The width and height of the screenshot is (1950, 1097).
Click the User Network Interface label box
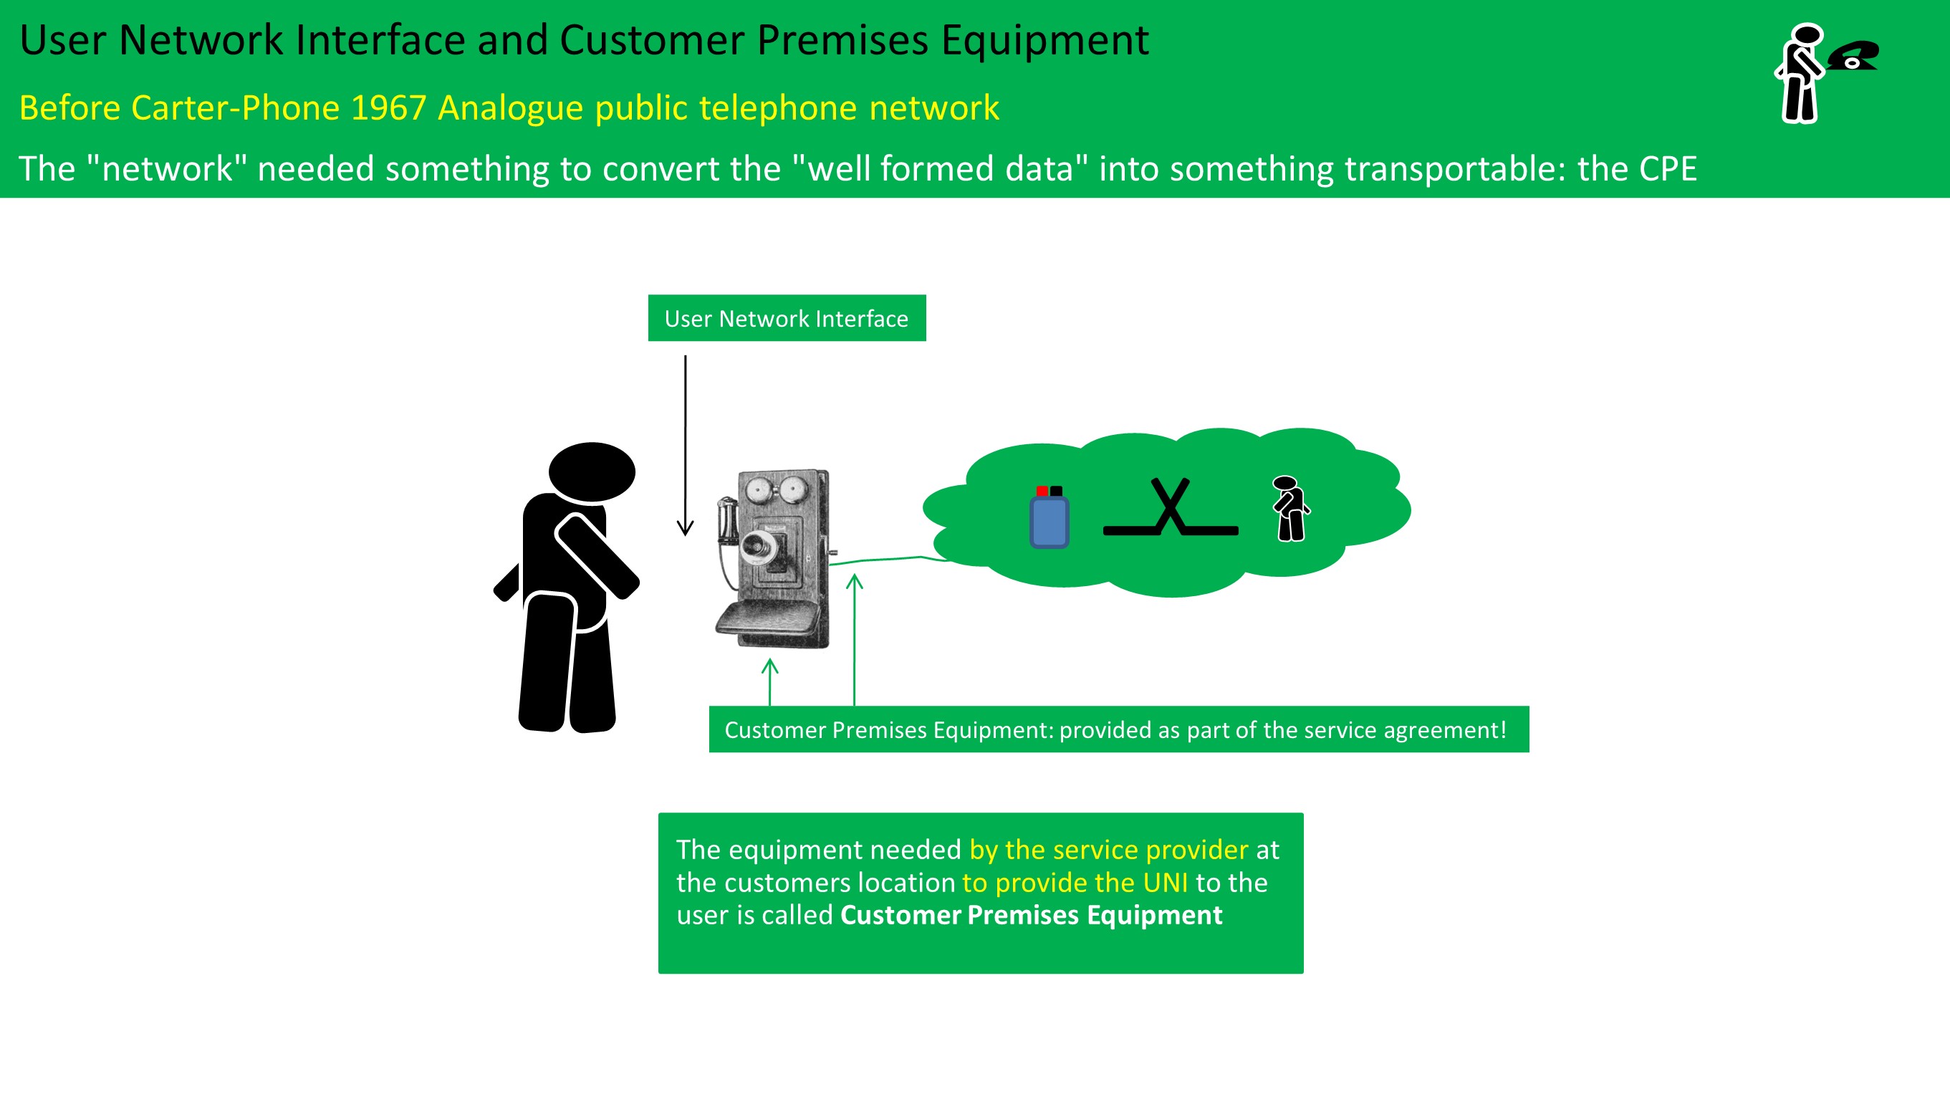point(787,318)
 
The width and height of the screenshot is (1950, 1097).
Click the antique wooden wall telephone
point(774,559)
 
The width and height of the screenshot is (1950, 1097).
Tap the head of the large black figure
point(591,471)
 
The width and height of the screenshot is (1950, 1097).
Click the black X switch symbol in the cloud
point(1171,507)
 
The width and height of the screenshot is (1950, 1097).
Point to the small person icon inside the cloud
point(1290,508)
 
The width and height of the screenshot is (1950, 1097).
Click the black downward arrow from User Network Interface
point(685,446)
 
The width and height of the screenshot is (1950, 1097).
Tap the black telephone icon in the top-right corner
point(1853,55)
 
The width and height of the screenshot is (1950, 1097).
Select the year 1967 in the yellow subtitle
point(388,107)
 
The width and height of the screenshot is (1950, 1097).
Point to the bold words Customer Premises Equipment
point(1031,914)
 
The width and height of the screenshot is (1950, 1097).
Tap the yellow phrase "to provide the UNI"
point(1074,882)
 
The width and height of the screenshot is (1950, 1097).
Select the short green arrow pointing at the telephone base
point(770,681)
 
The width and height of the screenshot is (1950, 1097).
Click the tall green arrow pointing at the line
point(855,640)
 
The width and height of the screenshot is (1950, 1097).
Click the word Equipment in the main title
point(1044,39)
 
